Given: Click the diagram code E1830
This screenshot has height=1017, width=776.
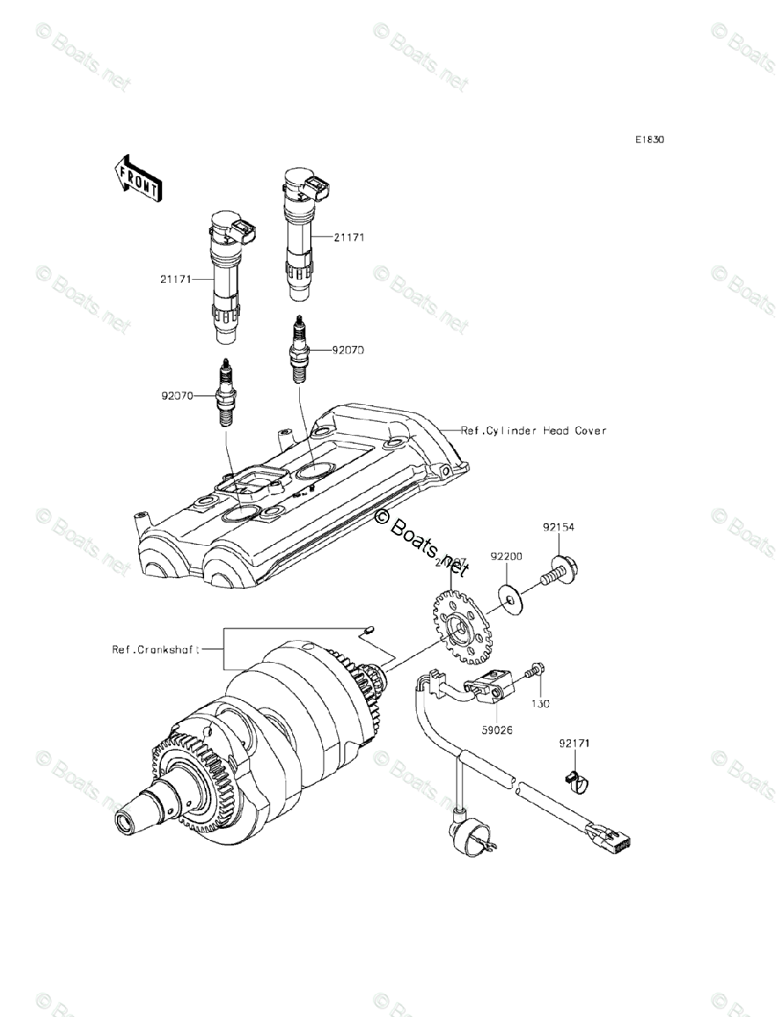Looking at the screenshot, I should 651,140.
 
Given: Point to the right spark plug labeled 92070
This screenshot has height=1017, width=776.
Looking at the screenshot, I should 299,349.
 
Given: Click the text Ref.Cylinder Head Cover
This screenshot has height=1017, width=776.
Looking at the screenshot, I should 534,431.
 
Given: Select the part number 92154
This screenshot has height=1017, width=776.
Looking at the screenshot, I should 559,527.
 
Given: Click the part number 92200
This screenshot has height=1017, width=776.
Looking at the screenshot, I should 529,557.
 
